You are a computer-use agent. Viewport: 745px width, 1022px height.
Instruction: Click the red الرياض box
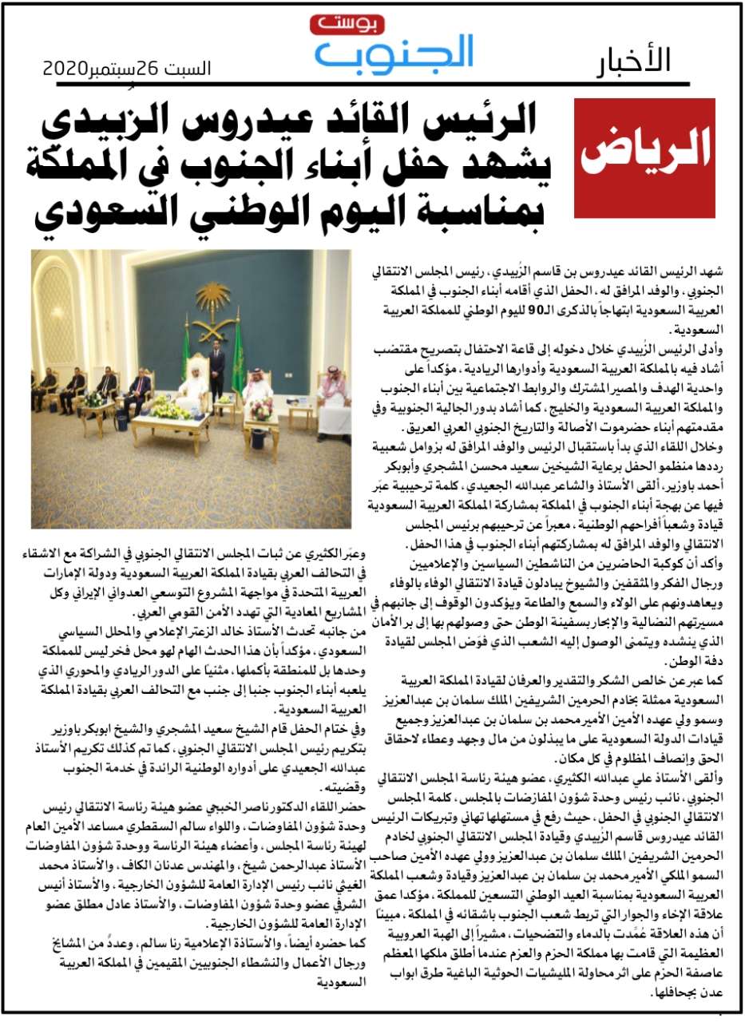(644, 159)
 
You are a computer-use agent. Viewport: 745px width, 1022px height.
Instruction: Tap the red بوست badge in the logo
(335, 26)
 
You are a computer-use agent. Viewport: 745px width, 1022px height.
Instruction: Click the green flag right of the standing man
(237, 359)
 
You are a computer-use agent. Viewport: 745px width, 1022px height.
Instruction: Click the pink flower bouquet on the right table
(261, 408)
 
